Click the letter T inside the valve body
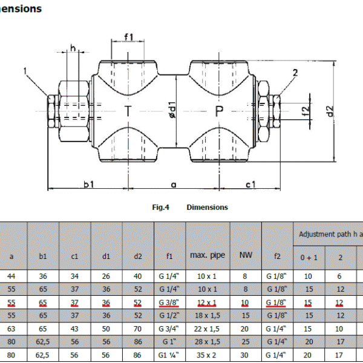[x=128, y=111]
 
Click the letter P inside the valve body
[x=219, y=111]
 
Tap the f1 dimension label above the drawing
[x=128, y=37]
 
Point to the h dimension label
[x=73, y=48]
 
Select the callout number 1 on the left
[x=25, y=71]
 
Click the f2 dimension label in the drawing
[x=306, y=111]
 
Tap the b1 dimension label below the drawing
[x=88, y=183]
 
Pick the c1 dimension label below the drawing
[x=250, y=183]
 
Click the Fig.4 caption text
[x=160, y=207]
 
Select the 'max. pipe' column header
[x=208, y=255]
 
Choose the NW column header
[x=246, y=255]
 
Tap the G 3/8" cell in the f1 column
[x=169, y=302]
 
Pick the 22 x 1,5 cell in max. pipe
[x=208, y=329]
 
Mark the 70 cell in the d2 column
[x=138, y=329]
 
